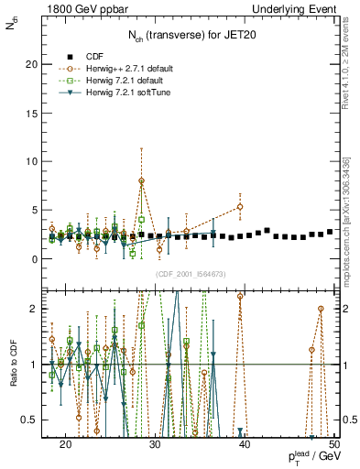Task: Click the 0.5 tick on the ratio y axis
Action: coord(34,420)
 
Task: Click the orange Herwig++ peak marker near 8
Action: coord(141,181)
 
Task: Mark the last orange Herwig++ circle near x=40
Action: coord(240,207)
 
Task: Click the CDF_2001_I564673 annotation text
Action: coord(190,274)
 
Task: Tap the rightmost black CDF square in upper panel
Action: coord(330,232)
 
